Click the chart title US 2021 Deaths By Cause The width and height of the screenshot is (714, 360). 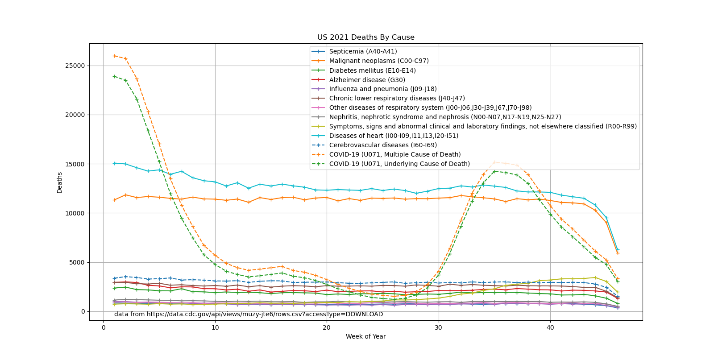[x=365, y=37]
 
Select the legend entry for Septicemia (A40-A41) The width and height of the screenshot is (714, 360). [x=363, y=52]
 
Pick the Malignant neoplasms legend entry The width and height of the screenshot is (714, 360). [x=379, y=61]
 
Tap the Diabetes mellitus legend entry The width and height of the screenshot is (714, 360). [x=372, y=70]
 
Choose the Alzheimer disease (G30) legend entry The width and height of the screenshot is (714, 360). [x=367, y=80]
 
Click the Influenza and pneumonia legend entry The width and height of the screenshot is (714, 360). [x=383, y=89]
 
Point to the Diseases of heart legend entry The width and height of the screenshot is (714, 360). [x=394, y=136]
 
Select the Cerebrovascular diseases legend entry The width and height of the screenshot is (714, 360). [x=383, y=145]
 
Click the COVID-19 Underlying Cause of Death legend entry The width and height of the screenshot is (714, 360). [x=399, y=164]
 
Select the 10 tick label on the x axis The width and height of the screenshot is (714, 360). [x=215, y=327]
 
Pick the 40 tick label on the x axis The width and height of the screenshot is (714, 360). [x=550, y=327]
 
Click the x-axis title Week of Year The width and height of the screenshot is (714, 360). [x=365, y=336]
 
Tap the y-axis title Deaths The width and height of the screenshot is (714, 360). [x=60, y=182]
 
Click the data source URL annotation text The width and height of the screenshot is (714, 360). [x=249, y=314]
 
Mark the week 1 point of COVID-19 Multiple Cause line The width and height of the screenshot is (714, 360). [x=115, y=56]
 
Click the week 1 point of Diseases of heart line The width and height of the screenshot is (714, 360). [x=115, y=163]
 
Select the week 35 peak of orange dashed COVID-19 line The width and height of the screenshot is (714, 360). [x=494, y=162]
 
